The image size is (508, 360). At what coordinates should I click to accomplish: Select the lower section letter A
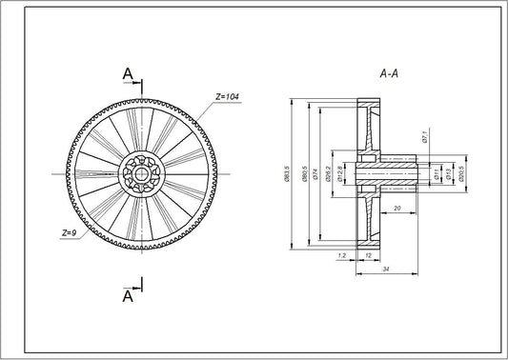pyautogui.click(x=127, y=296)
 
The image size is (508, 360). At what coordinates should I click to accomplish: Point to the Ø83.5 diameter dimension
pyautogui.click(x=288, y=175)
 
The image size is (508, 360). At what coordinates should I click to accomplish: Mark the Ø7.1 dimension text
pyautogui.click(x=423, y=138)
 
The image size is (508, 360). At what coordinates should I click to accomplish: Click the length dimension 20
pyautogui.click(x=396, y=208)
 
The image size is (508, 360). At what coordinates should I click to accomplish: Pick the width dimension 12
pyautogui.click(x=367, y=255)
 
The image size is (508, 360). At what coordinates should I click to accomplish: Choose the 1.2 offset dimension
pyautogui.click(x=341, y=255)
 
